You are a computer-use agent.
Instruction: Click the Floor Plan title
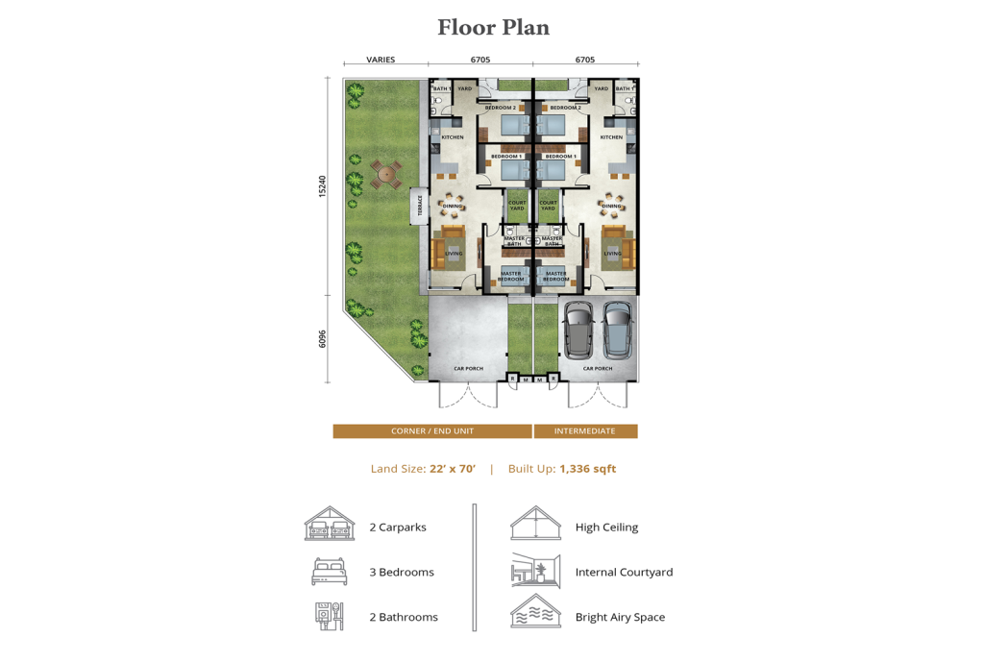coord(493,28)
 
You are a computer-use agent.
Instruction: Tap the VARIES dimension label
coord(381,60)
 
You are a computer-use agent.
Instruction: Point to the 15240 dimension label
coord(324,186)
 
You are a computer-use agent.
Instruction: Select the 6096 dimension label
coord(324,338)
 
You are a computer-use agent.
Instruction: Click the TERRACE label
coord(419,206)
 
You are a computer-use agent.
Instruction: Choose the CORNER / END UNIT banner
coord(432,431)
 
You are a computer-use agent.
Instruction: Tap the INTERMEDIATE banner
coord(585,431)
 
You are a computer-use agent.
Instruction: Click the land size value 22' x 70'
coord(450,469)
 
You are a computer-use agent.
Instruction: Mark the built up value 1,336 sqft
coord(587,469)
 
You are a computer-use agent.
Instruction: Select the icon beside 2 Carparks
coord(330,525)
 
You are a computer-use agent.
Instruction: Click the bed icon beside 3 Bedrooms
coord(330,572)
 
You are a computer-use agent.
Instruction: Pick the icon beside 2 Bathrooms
coord(330,616)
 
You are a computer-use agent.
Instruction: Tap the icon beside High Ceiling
coord(535,525)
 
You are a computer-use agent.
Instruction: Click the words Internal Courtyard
coord(624,572)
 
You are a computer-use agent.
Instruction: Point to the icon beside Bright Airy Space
coord(535,612)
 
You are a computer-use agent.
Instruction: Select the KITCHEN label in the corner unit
coord(453,137)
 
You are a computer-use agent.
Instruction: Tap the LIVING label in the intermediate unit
coord(612,254)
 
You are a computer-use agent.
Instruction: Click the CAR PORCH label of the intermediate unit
coord(598,368)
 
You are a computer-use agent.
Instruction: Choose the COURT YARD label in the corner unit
coord(517,206)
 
